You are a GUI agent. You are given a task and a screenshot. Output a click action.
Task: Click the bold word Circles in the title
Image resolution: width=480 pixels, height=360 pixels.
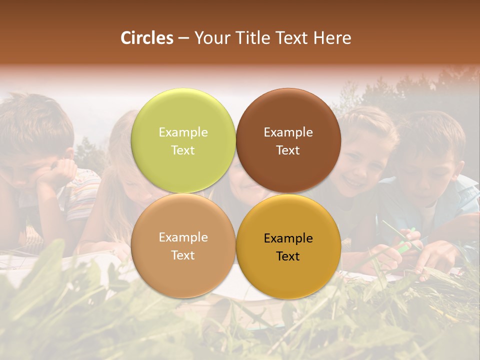click(147, 38)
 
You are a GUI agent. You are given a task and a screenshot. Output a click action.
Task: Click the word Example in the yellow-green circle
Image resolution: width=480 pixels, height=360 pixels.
click(183, 132)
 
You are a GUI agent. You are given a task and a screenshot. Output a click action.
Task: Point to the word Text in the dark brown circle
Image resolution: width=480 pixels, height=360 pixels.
click(288, 150)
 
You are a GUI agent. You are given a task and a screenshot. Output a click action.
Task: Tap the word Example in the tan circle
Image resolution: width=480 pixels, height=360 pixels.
click(183, 237)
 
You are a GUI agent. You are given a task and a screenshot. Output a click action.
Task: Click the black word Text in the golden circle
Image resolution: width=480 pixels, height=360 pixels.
click(288, 256)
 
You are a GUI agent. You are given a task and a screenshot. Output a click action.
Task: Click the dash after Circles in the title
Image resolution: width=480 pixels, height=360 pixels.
click(183, 38)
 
